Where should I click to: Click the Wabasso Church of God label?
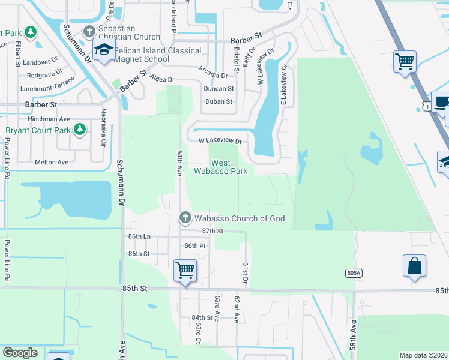coord(238,218)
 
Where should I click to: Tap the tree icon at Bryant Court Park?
coord(79,130)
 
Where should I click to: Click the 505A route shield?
coord(354,273)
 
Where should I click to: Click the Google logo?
coord(20,353)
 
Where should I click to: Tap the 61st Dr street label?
coord(246,273)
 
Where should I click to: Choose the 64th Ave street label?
coord(179,163)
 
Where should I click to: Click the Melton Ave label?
coord(52,162)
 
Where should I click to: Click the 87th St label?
coord(212,231)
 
